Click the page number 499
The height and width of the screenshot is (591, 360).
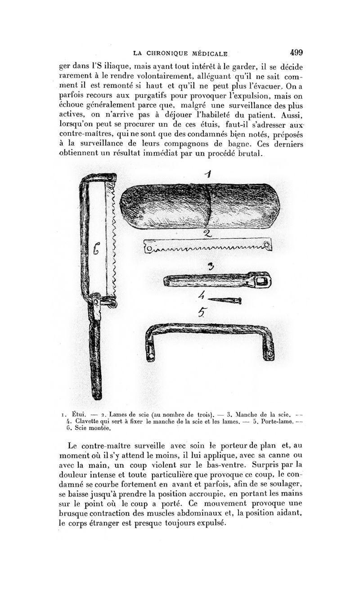297,52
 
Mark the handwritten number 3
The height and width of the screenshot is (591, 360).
210,267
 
